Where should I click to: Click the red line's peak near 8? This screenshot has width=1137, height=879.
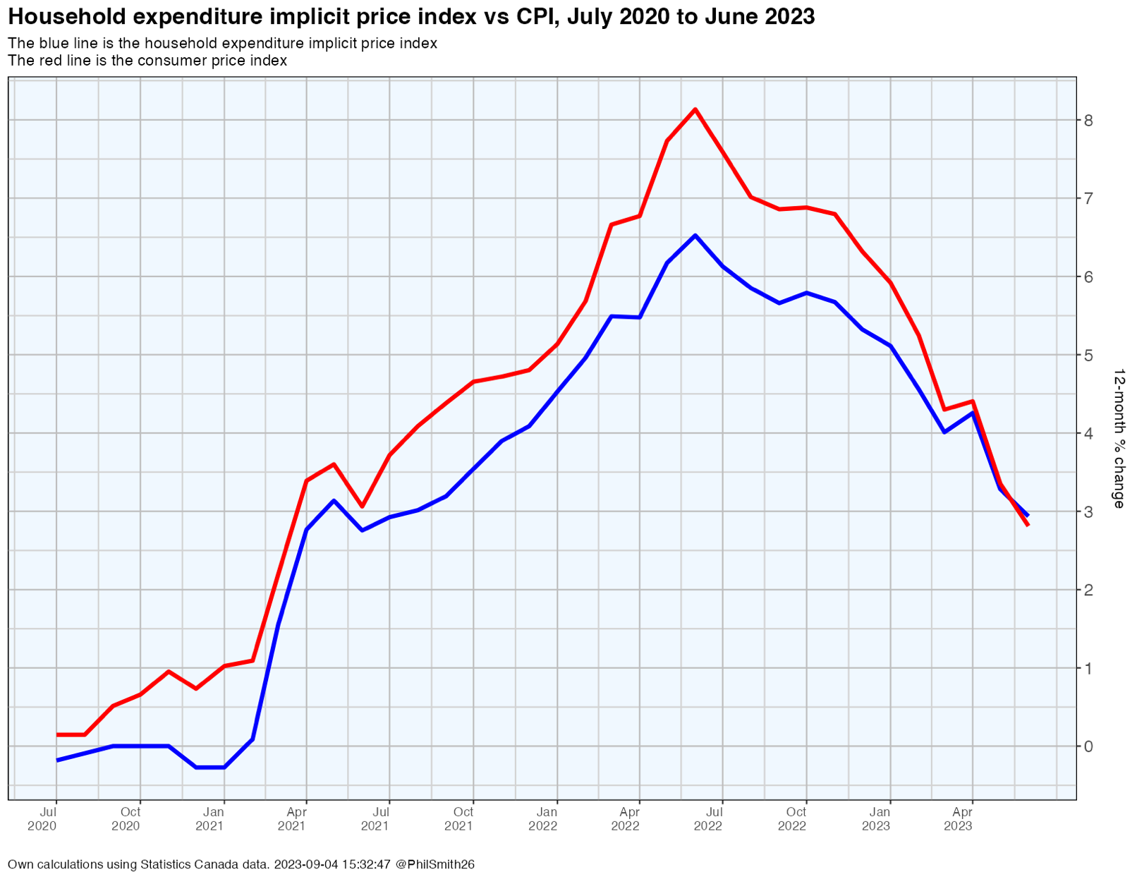(695, 109)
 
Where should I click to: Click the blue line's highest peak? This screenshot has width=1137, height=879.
(695, 236)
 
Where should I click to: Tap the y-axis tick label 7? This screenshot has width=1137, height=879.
(1088, 198)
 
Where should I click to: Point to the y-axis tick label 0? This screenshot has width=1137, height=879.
(1088, 746)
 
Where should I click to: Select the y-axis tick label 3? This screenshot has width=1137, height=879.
(1088, 511)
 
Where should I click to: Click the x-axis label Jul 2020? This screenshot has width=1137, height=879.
(42, 818)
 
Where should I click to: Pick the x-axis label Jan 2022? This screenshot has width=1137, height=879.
(543, 818)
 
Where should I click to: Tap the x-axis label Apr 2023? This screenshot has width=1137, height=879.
(959, 818)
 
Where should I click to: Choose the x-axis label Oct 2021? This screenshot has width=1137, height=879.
(459, 818)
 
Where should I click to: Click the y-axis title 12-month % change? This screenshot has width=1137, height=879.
(1119, 437)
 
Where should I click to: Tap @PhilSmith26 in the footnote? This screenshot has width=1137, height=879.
(434, 864)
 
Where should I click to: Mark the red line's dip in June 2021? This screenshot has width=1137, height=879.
(362, 506)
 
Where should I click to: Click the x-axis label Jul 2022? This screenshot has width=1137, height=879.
(708, 818)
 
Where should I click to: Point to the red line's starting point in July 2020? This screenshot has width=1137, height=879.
(57, 734)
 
